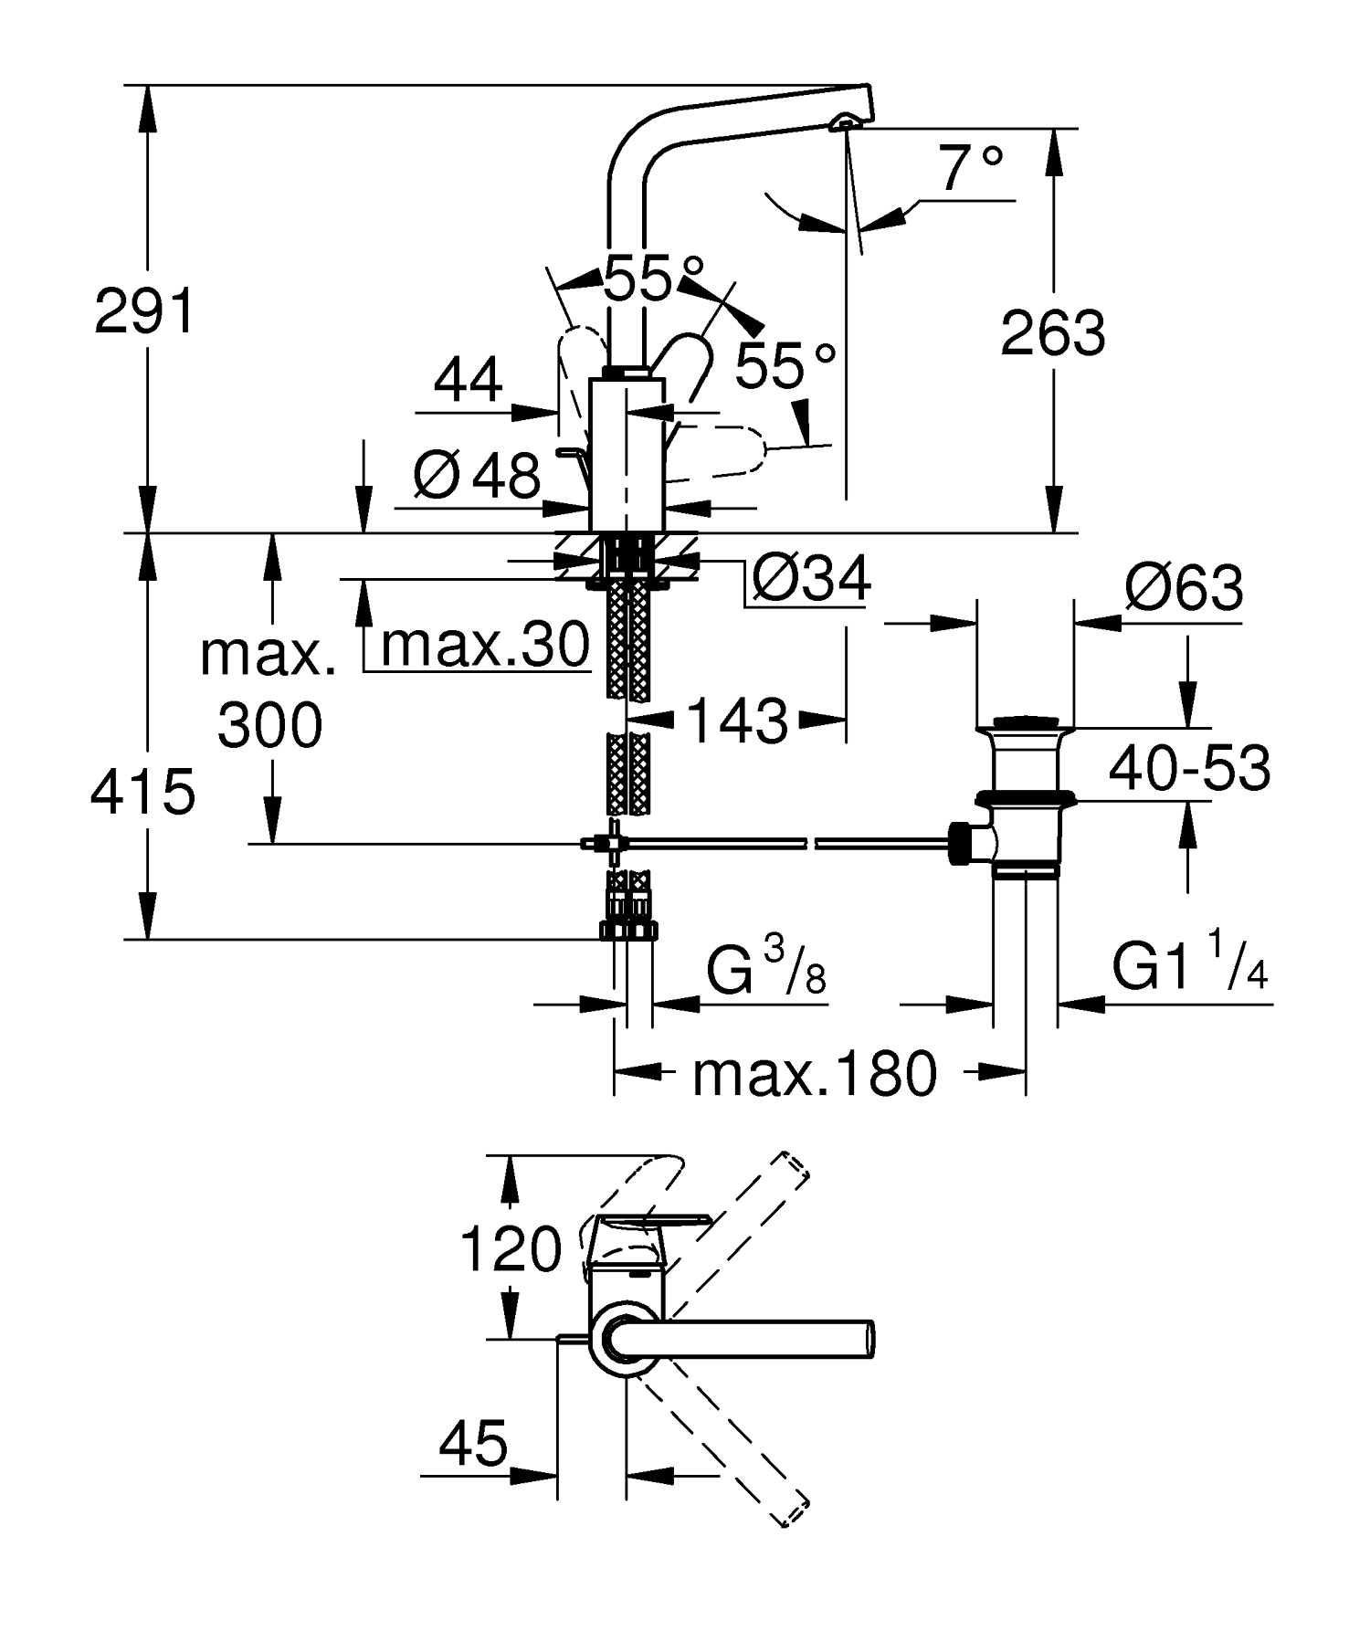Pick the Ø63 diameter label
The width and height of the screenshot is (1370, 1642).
1183,588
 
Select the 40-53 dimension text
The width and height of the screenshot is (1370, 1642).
1188,768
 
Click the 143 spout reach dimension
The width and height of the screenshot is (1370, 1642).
736,721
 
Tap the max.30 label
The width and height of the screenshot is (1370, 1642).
484,646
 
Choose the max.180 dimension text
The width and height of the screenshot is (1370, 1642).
814,1073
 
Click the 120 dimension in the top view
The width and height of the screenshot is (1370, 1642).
510,1249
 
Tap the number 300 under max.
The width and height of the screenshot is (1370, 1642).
270,726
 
